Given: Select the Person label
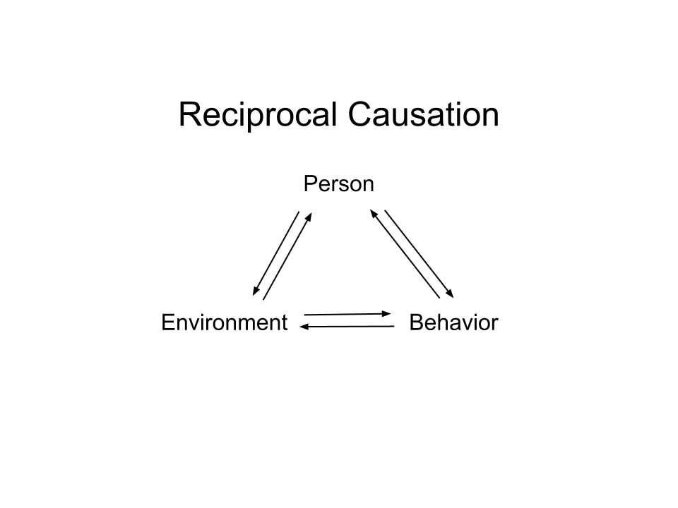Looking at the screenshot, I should coord(338,184).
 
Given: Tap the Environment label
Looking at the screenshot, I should coord(225,322).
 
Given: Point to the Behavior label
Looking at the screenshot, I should coord(454,322).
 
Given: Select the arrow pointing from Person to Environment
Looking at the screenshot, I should coord(276,253).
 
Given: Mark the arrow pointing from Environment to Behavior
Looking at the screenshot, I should coord(346,313).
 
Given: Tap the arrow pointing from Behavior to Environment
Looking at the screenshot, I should coord(346,327).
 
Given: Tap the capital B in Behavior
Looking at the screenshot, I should coord(416,322).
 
